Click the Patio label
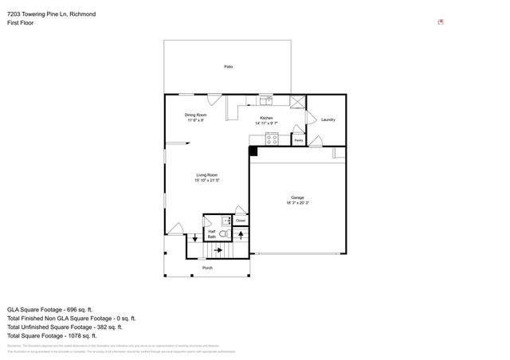(228, 67)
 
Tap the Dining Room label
(196, 115)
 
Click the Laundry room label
(328, 120)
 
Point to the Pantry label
(298, 140)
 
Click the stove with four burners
(272, 139)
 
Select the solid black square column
(253, 151)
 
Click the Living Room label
(207, 175)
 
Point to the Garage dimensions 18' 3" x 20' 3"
(297, 203)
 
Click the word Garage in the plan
(297, 198)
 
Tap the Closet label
(240, 221)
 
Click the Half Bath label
(212, 233)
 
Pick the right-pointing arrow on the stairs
(218, 249)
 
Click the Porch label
(207, 268)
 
